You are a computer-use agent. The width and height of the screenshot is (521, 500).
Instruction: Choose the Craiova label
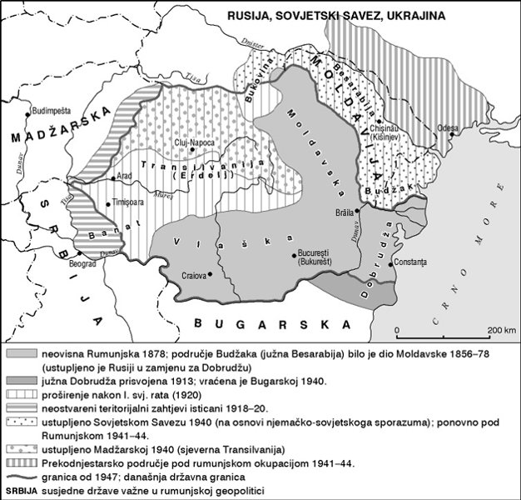[x=196, y=274]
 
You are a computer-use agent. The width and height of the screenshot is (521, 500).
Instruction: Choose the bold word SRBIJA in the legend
[x=20, y=490]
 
